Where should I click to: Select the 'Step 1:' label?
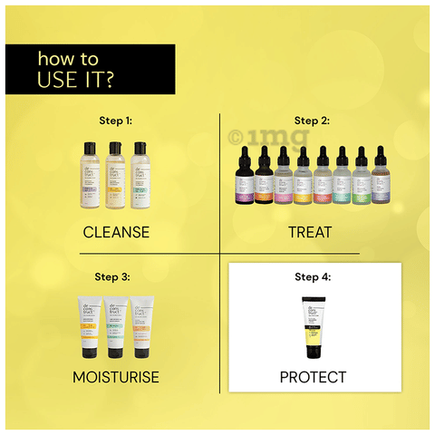click(115, 119)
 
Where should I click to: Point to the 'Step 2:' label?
click(311, 119)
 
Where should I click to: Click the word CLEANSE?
click(115, 232)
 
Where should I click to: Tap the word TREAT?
click(311, 232)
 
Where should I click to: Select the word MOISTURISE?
click(115, 375)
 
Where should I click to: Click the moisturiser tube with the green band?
click(116, 328)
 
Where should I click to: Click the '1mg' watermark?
click(263, 138)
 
